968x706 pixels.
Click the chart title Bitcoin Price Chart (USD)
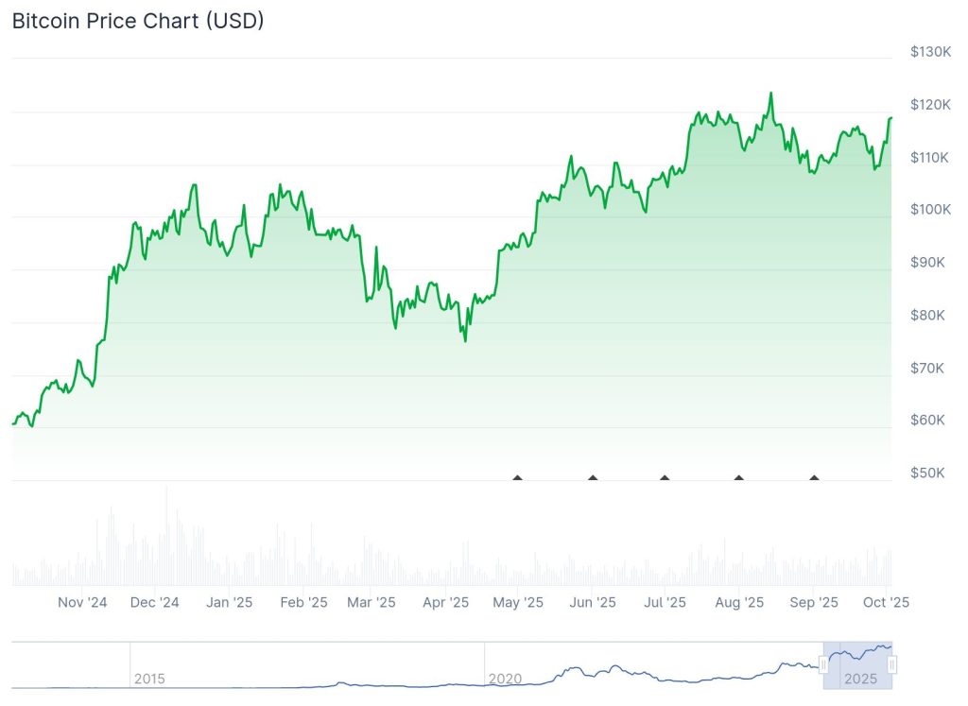point(138,21)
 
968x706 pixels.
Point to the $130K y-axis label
point(930,51)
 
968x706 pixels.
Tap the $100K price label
point(930,209)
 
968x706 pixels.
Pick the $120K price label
point(930,104)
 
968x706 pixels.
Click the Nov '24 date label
point(82,602)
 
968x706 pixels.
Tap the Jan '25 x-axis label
point(230,602)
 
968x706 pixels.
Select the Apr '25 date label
point(446,602)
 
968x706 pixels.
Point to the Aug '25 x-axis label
point(739,602)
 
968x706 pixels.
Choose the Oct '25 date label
point(887,602)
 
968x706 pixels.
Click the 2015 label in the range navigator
point(149,679)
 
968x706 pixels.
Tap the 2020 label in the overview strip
point(505,679)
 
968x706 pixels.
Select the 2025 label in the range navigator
point(861,679)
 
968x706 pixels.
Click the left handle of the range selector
point(823,665)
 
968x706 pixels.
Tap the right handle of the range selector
point(892,665)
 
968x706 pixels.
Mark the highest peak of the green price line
point(770,94)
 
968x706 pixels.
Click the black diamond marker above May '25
point(517,477)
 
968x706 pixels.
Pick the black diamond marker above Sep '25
point(814,477)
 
